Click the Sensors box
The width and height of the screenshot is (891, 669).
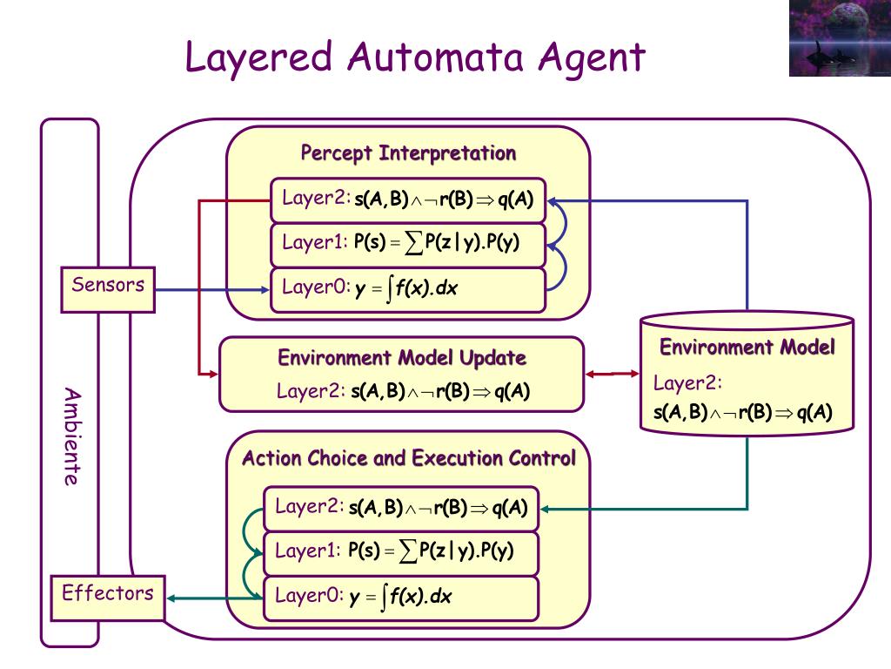click(x=108, y=289)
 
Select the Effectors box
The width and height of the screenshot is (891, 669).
click(x=108, y=598)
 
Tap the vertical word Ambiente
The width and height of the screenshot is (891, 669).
click(x=72, y=436)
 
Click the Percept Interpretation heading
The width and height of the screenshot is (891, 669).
click(x=408, y=153)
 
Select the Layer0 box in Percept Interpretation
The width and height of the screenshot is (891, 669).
click(x=408, y=290)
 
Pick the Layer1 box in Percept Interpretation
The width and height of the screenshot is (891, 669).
click(x=408, y=245)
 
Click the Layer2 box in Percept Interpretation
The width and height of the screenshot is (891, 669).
click(x=408, y=200)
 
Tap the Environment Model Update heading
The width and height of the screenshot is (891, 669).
click(x=402, y=358)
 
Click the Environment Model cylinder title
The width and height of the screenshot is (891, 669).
click(x=747, y=347)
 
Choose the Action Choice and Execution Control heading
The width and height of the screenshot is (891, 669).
click(x=409, y=458)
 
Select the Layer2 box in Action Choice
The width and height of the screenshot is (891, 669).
click(x=401, y=509)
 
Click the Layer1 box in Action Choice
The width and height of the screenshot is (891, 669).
click(x=401, y=553)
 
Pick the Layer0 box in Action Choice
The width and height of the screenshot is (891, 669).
click(x=401, y=598)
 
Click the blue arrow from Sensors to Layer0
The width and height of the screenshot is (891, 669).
click(x=212, y=290)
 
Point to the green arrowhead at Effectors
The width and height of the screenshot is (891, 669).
click(x=171, y=598)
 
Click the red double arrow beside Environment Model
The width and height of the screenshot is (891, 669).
click(x=612, y=374)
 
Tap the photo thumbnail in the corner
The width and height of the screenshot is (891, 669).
click(x=840, y=38)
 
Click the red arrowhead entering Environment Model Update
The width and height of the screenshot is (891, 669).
click(x=214, y=374)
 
